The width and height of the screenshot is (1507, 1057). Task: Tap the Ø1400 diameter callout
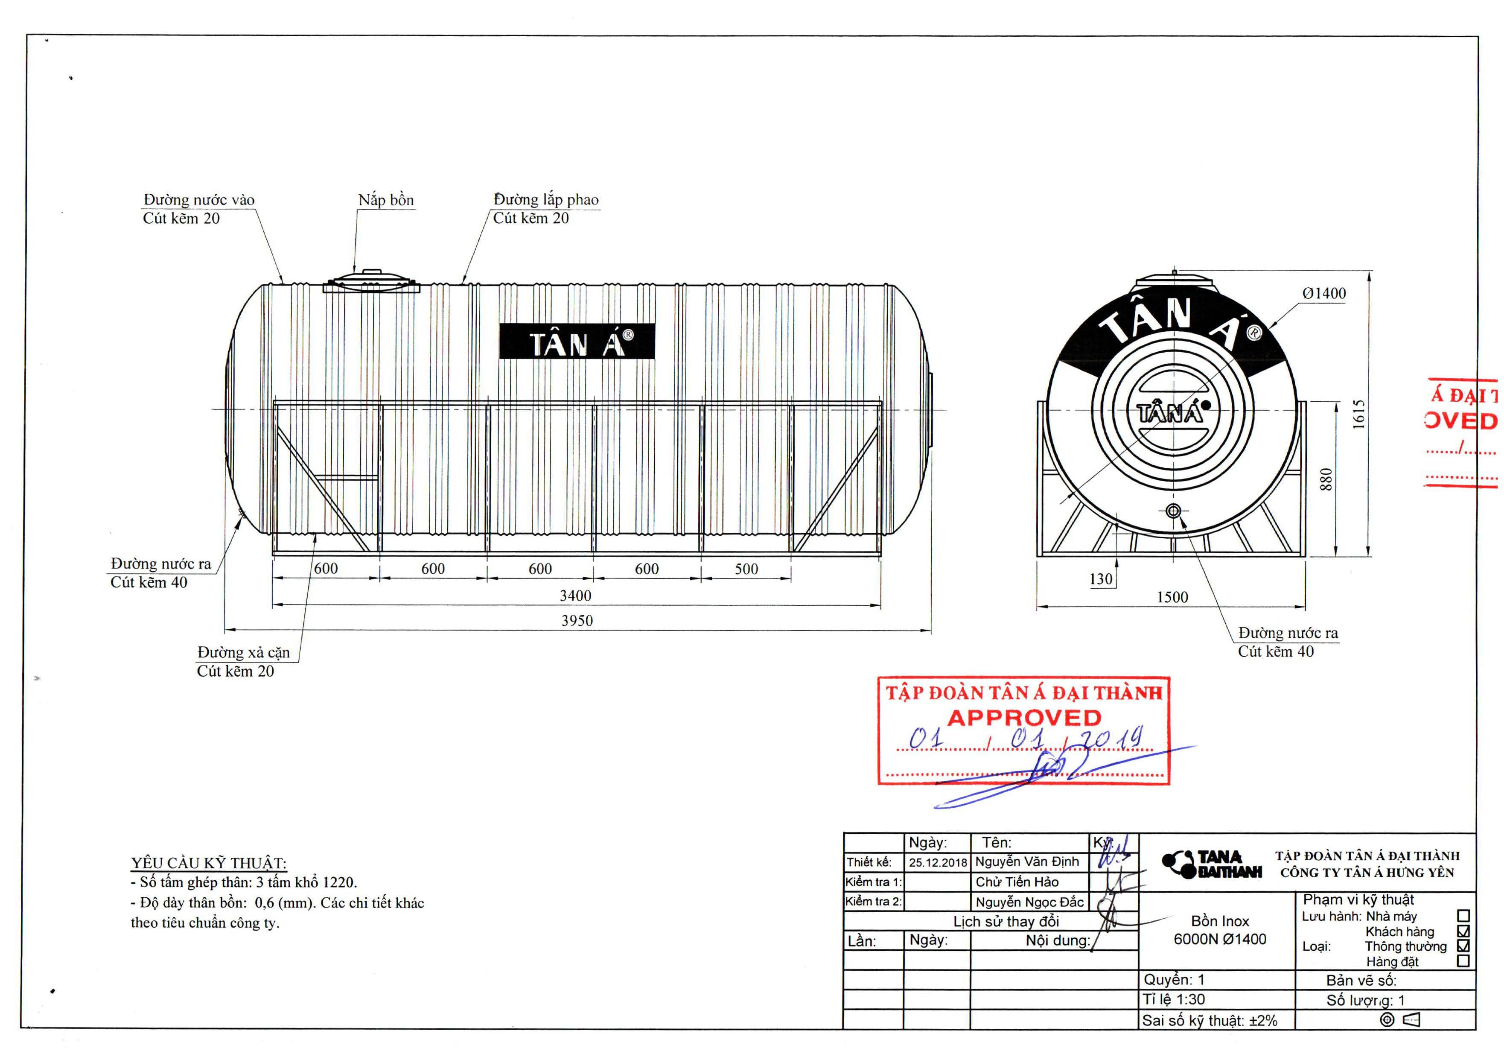tap(1324, 293)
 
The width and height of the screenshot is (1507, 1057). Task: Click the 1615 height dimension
tap(1358, 414)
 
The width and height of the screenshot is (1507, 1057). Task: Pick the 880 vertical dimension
tap(1326, 479)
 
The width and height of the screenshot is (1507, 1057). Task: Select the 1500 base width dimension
tap(1172, 597)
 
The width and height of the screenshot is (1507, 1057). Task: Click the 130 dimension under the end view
tap(1101, 579)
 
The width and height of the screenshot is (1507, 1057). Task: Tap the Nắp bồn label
tap(386, 200)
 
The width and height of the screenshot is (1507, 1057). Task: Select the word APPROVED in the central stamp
tap(1023, 718)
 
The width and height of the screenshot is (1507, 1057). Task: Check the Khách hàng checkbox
tap(1463, 931)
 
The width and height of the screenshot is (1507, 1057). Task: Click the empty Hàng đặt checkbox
tap(1463, 961)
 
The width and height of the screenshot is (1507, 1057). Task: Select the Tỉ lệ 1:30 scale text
tap(1174, 1000)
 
